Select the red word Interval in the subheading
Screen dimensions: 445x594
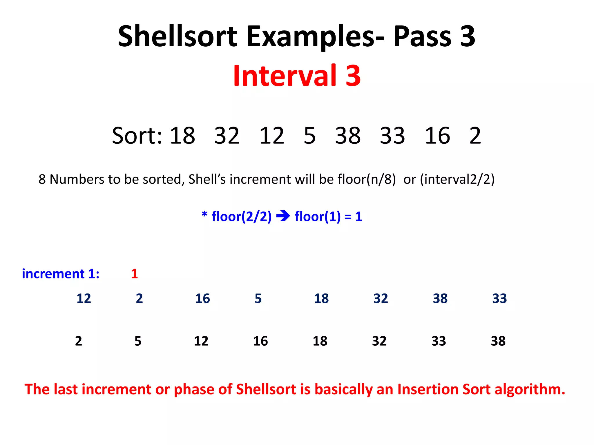[x=285, y=76]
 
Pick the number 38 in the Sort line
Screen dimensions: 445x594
[x=348, y=136]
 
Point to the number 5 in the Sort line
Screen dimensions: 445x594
[x=309, y=136]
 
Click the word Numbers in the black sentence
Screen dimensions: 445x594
[x=77, y=179]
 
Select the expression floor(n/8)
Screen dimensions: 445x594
[x=367, y=179]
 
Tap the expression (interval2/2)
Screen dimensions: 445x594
[x=457, y=179]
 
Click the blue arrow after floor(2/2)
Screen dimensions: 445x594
[x=283, y=216]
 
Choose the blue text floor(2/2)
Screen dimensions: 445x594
[x=241, y=216]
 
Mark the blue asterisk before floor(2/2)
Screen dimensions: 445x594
[x=204, y=215]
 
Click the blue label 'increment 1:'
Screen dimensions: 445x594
[x=61, y=274]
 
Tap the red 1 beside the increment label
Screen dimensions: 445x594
[x=134, y=274]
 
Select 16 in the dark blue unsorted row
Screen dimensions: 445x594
[x=202, y=298]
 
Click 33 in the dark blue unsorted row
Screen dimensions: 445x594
[x=499, y=298]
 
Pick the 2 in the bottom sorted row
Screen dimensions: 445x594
[x=78, y=341]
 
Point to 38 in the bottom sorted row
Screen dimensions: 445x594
[x=498, y=341]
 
